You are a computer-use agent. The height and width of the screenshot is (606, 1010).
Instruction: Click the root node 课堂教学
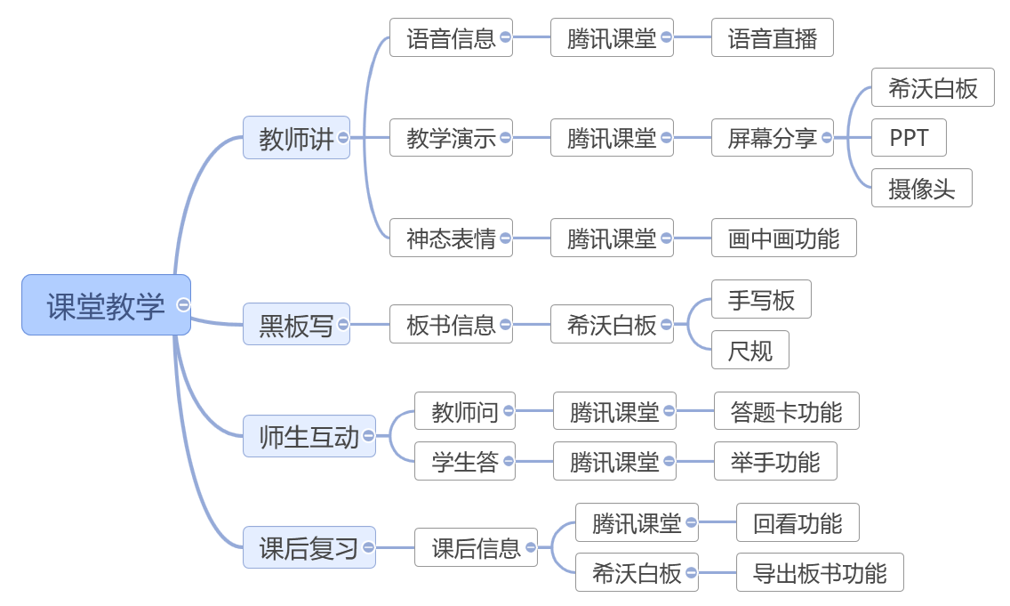(x=105, y=305)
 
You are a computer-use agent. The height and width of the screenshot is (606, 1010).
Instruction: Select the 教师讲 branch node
(x=295, y=138)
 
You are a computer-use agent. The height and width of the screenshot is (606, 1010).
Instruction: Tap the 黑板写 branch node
(x=295, y=325)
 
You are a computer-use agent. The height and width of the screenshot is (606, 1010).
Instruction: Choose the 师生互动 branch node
(x=309, y=436)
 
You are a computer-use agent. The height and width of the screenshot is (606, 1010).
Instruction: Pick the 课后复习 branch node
(x=309, y=547)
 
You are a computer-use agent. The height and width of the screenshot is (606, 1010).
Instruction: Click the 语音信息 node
(x=450, y=38)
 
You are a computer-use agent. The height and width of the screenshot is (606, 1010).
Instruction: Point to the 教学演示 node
(x=450, y=138)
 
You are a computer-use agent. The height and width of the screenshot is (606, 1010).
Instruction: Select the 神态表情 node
(x=450, y=238)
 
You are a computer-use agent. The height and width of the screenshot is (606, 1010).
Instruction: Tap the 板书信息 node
(x=450, y=325)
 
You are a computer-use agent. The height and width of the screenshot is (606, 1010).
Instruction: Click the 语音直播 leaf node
(x=772, y=38)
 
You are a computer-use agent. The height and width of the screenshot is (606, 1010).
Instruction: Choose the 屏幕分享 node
(x=771, y=138)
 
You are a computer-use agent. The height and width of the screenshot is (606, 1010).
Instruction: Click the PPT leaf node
(x=908, y=138)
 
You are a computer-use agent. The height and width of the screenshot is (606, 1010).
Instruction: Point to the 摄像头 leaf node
(x=920, y=188)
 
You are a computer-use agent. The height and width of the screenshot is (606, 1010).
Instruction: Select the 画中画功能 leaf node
(x=783, y=238)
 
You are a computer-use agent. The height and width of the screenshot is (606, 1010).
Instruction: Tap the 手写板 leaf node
(x=760, y=300)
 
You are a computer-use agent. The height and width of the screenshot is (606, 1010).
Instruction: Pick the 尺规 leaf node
(x=749, y=351)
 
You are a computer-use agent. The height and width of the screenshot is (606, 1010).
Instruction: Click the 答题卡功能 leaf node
(x=786, y=411)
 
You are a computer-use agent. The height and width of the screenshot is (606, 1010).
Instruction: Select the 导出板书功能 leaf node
(x=819, y=572)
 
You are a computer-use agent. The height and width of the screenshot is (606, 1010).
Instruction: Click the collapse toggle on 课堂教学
(x=184, y=305)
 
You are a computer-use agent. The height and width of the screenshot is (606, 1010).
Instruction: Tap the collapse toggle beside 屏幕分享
(x=827, y=138)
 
